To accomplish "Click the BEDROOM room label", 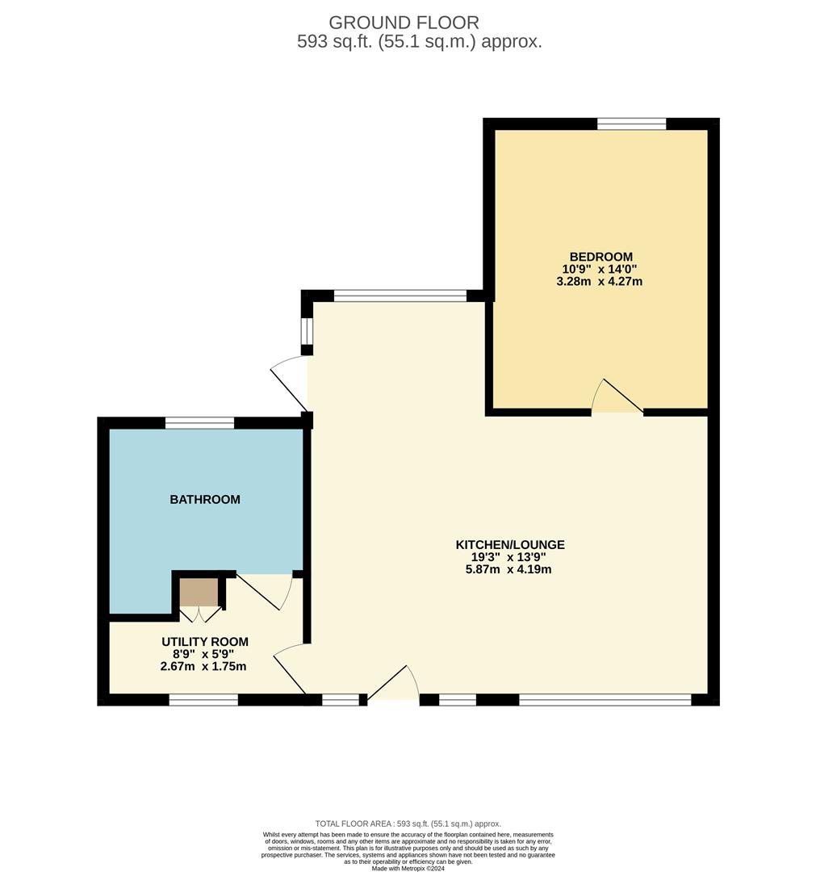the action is [x=600, y=257].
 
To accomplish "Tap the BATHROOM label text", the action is [x=205, y=500].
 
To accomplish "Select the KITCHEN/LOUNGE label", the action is [x=510, y=544].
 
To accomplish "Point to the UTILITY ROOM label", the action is [x=204, y=641].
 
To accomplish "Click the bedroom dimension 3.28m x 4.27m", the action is [x=599, y=282].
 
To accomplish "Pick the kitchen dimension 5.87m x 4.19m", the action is [x=508, y=569].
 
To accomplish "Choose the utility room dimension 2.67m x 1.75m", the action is [x=203, y=666].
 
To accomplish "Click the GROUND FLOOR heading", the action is [x=404, y=23].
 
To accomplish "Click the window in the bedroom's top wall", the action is [x=631, y=124].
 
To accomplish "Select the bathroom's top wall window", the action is [x=199, y=422].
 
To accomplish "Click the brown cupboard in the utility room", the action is [x=199, y=593].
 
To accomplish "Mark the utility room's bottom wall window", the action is [x=203, y=699].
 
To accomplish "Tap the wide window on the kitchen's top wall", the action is [x=400, y=296].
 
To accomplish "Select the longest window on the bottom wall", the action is [x=605, y=699].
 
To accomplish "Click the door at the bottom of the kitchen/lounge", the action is [x=393, y=685].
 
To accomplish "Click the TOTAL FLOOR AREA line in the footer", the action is [x=408, y=824].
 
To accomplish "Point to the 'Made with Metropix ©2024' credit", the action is [x=408, y=868].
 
